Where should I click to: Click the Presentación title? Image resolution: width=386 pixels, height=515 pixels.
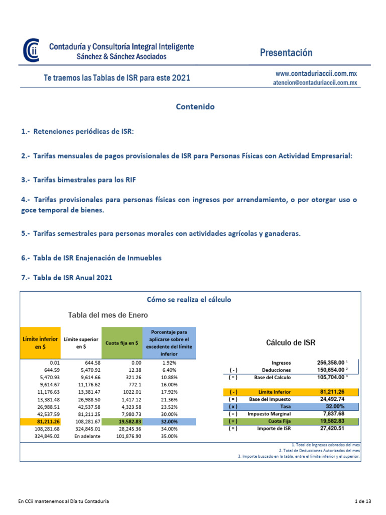286,53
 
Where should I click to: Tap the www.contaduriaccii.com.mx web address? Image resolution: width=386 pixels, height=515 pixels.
313,73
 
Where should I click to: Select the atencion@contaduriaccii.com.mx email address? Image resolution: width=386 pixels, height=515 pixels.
311,83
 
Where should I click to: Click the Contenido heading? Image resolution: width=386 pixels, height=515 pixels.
195,107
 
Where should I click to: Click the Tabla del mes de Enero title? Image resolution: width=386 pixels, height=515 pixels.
108,315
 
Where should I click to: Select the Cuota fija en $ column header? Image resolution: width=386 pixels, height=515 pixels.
122,342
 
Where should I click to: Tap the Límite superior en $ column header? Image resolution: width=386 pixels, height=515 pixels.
81,343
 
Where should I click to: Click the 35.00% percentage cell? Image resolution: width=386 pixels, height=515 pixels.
169,436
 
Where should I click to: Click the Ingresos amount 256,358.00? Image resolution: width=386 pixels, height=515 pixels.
330,362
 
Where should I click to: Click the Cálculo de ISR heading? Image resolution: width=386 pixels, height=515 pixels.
291,342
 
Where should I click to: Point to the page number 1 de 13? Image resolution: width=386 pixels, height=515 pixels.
362,501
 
